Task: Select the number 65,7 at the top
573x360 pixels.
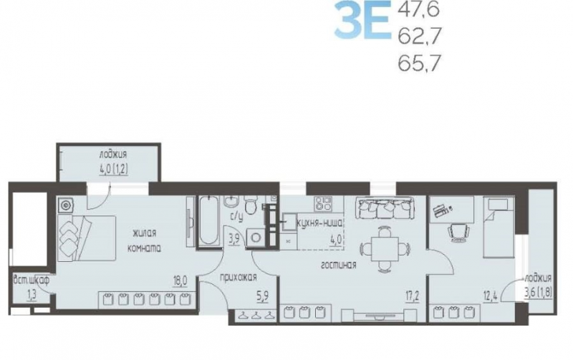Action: click(x=418, y=63)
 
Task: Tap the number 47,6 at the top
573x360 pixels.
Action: click(x=418, y=10)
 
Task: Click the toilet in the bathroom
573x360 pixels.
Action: click(x=251, y=205)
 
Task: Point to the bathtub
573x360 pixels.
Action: click(x=208, y=220)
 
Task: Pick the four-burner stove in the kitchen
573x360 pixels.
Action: click(x=324, y=204)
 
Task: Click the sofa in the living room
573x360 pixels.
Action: click(x=385, y=208)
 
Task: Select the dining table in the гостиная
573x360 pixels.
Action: click(x=385, y=249)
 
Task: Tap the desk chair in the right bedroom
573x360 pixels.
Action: click(x=458, y=232)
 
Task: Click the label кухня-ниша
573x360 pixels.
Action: click(x=319, y=223)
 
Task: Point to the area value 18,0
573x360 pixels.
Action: click(x=180, y=281)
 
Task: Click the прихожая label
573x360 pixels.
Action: click(x=239, y=278)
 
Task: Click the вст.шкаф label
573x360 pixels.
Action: click(x=31, y=281)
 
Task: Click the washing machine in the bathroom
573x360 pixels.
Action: click(x=256, y=238)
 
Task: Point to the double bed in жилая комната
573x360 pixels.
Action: click(x=87, y=238)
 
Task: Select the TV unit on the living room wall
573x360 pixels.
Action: click(x=379, y=316)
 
